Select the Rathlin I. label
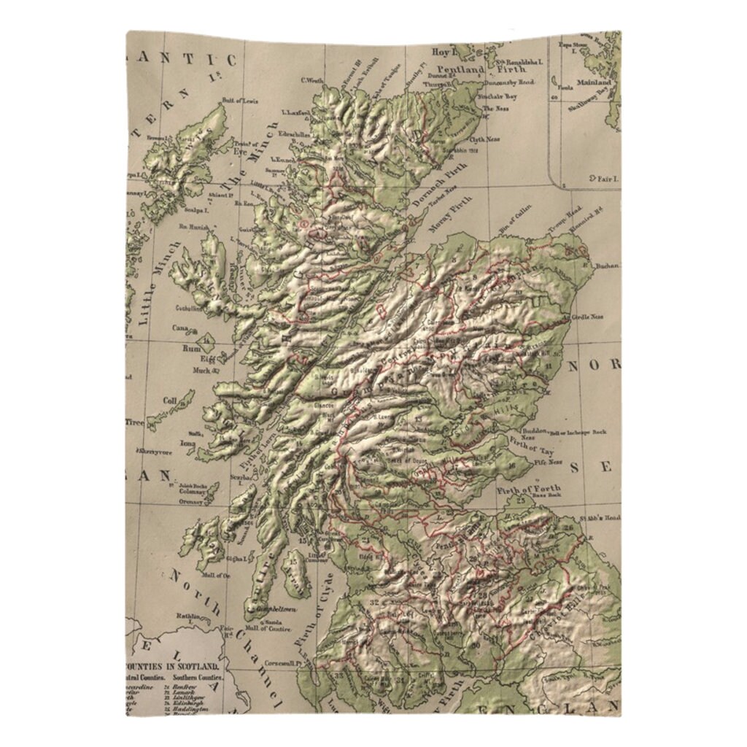point(190,617)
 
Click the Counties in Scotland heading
point(174,667)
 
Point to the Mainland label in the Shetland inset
point(597,83)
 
